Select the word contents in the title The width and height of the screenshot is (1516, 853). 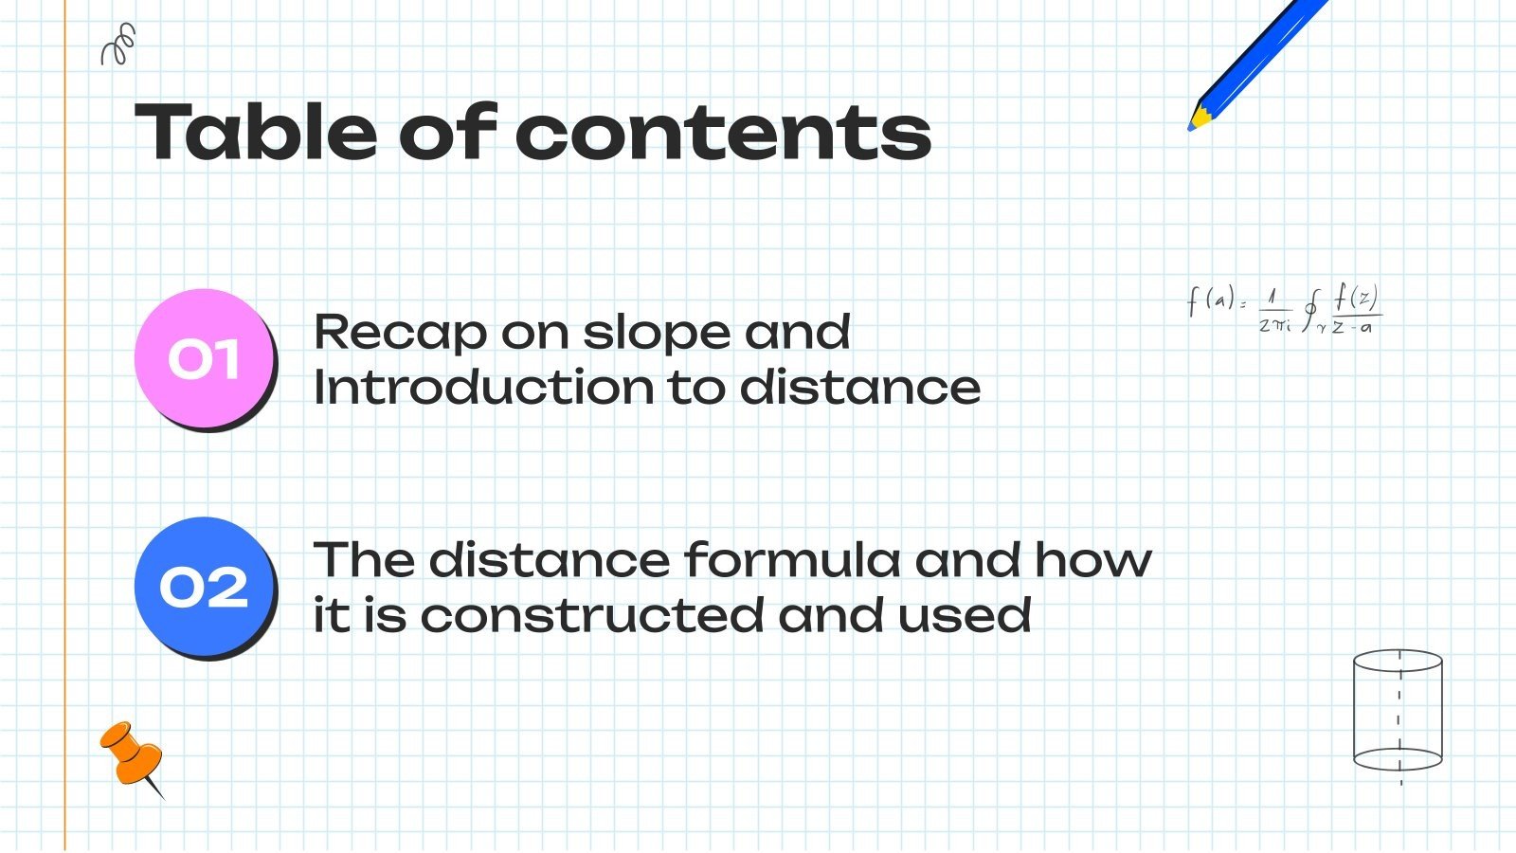coord(724,133)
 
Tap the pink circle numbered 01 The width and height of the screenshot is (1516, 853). coord(205,359)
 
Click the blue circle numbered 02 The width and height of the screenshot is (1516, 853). coord(205,588)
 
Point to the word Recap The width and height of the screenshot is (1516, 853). coord(399,332)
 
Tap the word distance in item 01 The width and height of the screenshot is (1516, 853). coord(859,388)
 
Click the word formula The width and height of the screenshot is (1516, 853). coord(791,559)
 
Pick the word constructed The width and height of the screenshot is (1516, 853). coord(591,615)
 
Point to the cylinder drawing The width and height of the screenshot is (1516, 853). coord(1398,711)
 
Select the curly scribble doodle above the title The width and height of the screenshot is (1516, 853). coord(118,45)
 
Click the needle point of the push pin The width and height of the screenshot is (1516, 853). coord(162,797)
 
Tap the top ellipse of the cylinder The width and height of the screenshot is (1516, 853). coord(1398,661)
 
